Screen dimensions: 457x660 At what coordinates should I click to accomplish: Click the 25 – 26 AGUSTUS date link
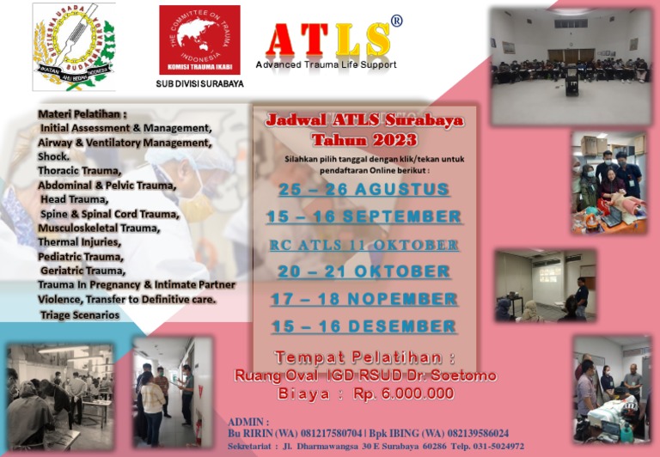364,189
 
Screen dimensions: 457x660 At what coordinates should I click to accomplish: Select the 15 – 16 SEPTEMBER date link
364,216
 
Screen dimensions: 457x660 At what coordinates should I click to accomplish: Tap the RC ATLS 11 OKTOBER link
364,245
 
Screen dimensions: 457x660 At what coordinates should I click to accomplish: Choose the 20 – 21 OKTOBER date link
364,271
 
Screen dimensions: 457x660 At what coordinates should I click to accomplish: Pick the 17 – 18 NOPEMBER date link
364,299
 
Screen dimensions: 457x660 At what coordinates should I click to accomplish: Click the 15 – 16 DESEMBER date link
364,326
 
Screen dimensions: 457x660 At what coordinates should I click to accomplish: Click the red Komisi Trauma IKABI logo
199,40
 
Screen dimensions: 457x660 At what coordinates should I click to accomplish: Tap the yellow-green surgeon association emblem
74,46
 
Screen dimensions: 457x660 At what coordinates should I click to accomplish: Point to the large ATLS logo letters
327,40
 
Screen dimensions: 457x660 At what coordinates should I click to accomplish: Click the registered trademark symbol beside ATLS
396,21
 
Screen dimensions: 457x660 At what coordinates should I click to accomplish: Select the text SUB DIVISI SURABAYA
199,84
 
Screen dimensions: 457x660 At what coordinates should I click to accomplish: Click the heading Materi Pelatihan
82,113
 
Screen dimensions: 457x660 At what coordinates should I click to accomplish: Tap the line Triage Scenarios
80,315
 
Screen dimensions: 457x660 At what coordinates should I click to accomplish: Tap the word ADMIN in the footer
249,423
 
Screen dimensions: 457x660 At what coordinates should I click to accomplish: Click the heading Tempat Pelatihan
364,357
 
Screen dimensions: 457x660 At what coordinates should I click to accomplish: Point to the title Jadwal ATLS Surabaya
364,120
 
